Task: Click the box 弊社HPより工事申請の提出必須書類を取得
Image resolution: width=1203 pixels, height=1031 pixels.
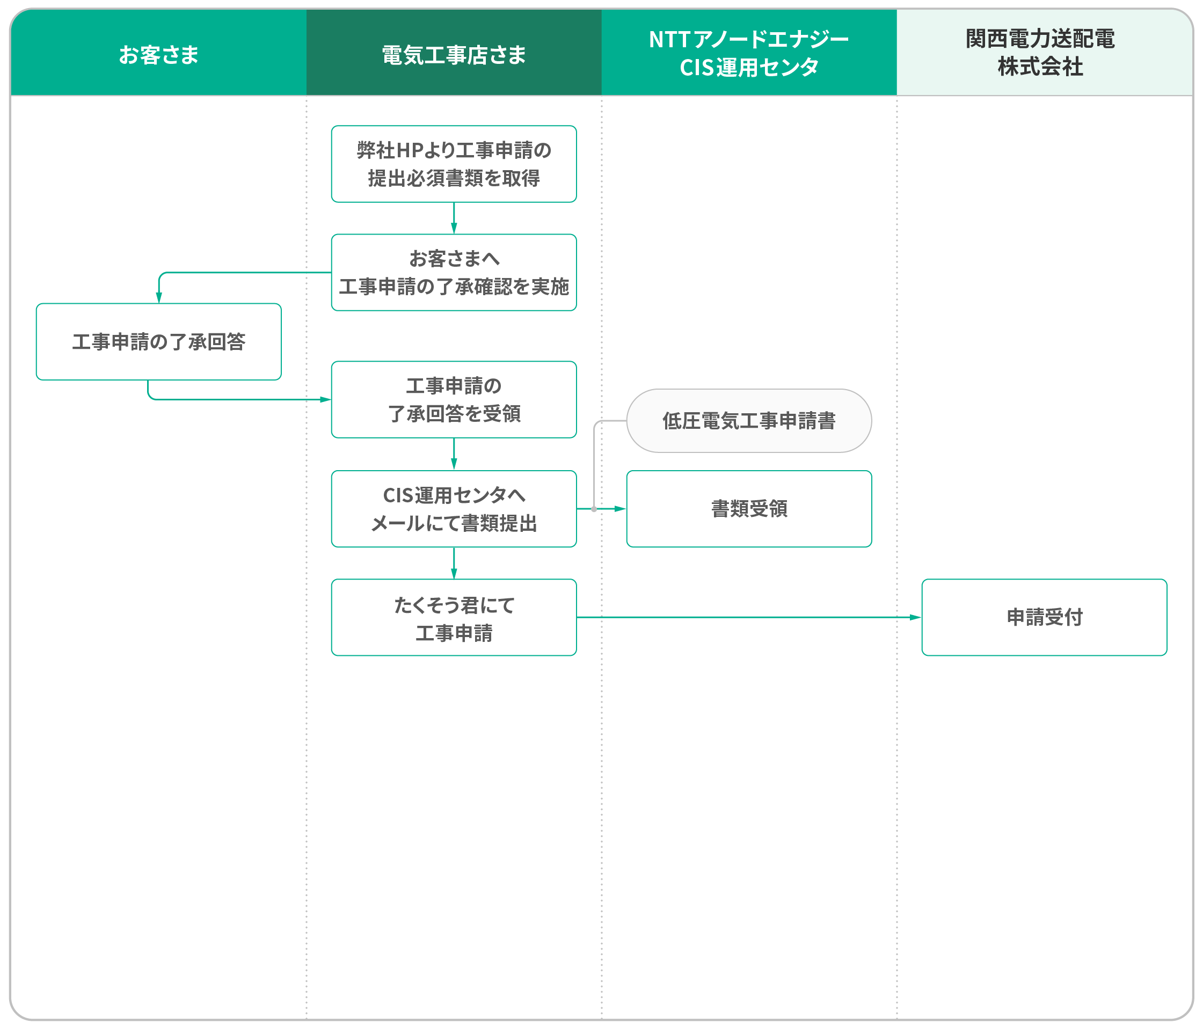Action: click(454, 164)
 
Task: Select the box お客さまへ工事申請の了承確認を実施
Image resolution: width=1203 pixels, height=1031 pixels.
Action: click(454, 272)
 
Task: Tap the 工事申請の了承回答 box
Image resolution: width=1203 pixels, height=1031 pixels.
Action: click(158, 341)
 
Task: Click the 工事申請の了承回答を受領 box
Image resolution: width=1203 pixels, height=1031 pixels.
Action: click(454, 399)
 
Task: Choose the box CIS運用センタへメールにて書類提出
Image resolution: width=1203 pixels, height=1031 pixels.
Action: click(454, 509)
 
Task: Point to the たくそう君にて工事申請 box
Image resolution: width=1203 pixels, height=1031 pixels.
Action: click(454, 617)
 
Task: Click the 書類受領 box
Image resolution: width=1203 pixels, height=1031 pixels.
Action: click(749, 509)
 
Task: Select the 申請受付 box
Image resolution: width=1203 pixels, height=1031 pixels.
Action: click(1045, 617)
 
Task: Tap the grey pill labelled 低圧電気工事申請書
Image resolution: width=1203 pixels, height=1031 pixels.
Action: click(749, 420)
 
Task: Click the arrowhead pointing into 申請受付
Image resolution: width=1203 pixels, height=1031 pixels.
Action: click(916, 617)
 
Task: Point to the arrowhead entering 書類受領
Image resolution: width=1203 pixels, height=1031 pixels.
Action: click(621, 509)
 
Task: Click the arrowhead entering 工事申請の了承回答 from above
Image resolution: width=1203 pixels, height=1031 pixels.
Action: click(158, 297)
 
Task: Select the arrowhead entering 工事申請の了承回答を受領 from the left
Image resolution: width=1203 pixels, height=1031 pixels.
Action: click(326, 399)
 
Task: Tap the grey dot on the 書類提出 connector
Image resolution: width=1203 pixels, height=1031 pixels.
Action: click(594, 509)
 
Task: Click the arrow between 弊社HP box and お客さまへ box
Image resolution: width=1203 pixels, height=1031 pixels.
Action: click(454, 218)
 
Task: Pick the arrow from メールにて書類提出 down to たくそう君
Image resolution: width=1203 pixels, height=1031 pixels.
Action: click(454, 563)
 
